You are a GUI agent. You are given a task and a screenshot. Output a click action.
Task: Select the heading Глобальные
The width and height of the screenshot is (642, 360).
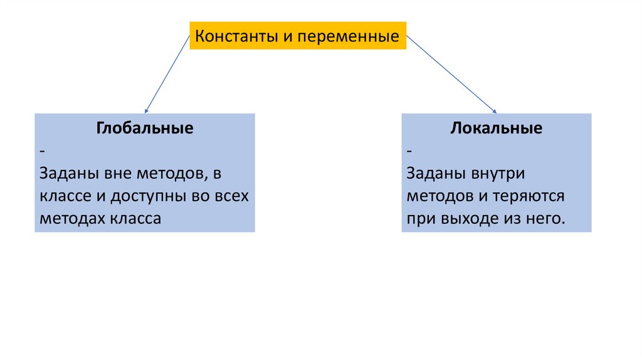pyautogui.click(x=144, y=129)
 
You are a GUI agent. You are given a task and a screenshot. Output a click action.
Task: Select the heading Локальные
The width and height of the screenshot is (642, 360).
pyautogui.click(x=496, y=129)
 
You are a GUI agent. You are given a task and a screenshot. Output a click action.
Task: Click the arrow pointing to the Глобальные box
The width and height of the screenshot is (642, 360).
pyautogui.click(x=167, y=74)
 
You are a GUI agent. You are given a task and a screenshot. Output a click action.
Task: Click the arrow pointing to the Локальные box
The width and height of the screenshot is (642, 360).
pyautogui.click(x=451, y=74)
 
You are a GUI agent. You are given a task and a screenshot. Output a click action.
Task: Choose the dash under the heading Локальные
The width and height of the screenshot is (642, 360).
pyautogui.click(x=409, y=152)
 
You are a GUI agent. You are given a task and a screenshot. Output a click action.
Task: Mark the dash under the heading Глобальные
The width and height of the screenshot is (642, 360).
pyautogui.click(x=41, y=152)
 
